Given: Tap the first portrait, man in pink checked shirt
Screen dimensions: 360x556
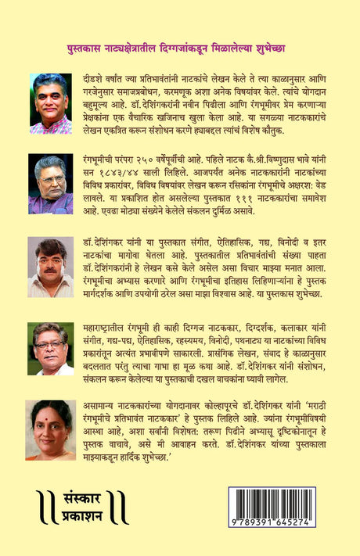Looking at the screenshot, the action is tap(51, 103).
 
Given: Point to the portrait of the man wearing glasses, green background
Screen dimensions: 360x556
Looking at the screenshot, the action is tap(51, 348).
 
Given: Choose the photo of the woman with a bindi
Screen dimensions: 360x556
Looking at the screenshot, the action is tap(51, 429).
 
